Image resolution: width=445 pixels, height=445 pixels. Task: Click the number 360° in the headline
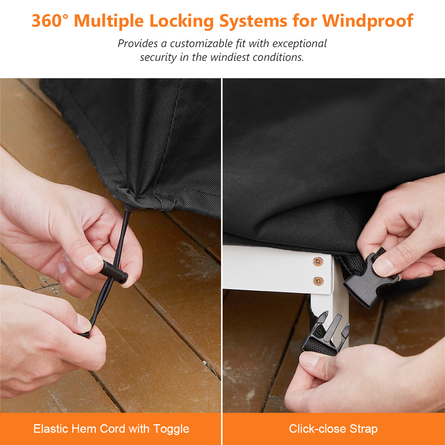(x=50, y=21)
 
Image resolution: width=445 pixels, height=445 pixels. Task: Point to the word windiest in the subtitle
(x=230, y=57)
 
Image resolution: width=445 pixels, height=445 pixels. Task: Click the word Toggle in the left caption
(x=171, y=429)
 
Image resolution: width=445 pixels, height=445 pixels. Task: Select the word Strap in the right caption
(x=363, y=429)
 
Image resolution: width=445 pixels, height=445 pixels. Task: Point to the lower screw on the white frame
(x=318, y=281)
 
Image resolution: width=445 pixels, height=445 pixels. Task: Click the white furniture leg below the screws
(x=329, y=319)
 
